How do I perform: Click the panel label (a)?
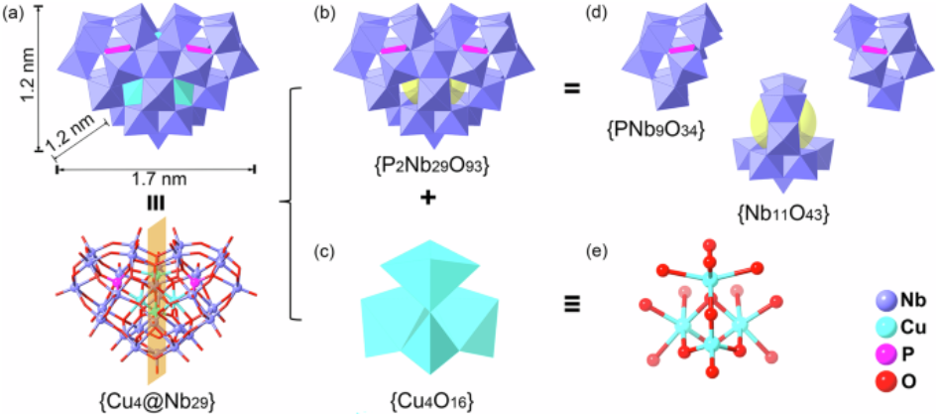tap(14, 13)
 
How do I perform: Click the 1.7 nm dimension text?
tap(156, 179)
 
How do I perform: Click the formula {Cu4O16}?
tap(429, 397)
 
